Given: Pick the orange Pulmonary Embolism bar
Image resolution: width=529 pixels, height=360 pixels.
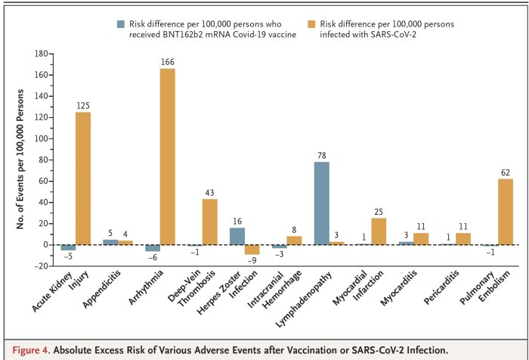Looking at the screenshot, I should tap(506, 211).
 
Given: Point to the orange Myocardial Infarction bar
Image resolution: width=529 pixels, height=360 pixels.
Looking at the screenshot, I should tap(379, 231).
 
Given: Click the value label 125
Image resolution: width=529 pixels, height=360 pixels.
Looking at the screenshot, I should tap(82, 105).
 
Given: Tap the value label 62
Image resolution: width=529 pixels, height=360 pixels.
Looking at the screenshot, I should tap(506, 172).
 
